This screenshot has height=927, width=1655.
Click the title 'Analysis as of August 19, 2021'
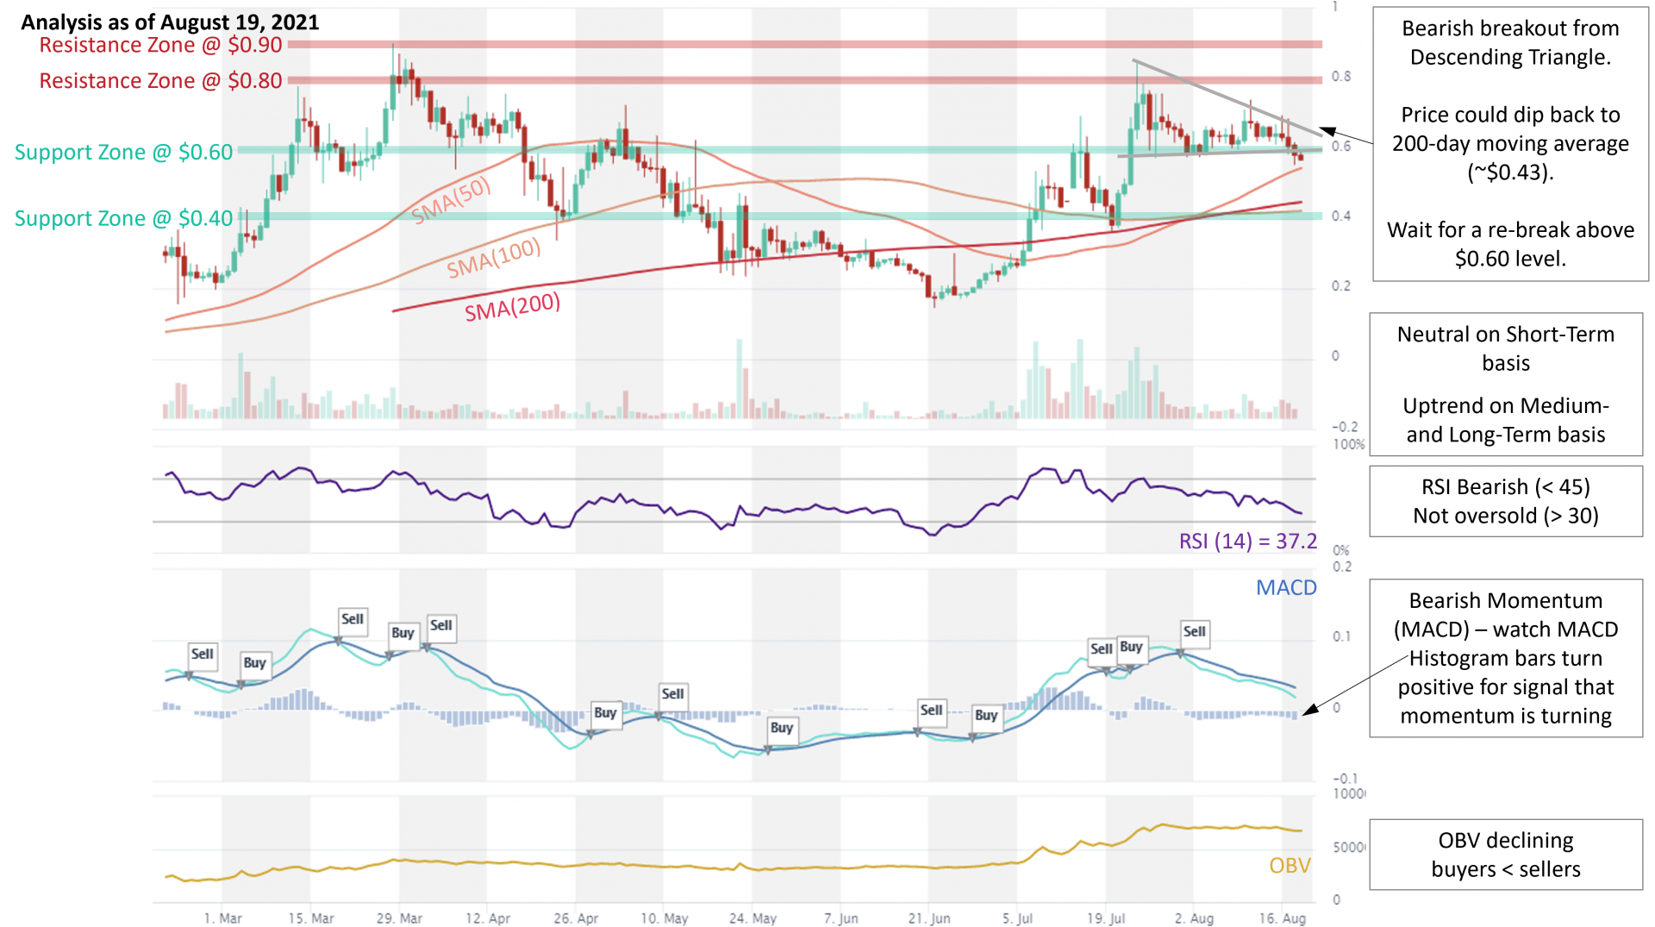pyautogui.click(x=170, y=22)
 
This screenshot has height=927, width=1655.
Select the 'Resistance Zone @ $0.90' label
pyautogui.click(x=160, y=45)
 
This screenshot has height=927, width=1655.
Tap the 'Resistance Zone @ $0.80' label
pyautogui.click(x=160, y=80)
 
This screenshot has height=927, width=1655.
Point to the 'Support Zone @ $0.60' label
pyautogui.click(x=123, y=152)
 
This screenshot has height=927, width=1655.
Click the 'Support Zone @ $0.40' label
pyautogui.click(x=123, y=218)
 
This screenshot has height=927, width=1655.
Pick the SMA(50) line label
pyautogui.click(x=451, y=200)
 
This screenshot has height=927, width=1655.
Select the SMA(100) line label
pyautogui.click(x=494, y=258)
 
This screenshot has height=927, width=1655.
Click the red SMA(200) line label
pyautogui.click(x=513, y=307)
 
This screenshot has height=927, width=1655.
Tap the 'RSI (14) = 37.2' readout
pyautogui.click(x=1248, y=542)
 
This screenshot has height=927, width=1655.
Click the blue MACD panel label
pyautogui.click(x=1286, y=587)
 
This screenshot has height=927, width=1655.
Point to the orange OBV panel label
pyautogui.click(x=1290, y=865)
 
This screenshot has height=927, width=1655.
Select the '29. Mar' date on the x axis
pyautogui.click(x=399, y=918)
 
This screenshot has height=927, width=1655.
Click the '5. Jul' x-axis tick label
pyautogui.click(x=1017, y=918)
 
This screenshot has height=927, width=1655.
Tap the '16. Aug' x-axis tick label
pyautogui.click(x=1282, y=918)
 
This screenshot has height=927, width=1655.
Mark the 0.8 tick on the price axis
pyautogui.click(x=1341, y=76)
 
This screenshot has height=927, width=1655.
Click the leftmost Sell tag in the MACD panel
pyautogui.click(x=203, y=655)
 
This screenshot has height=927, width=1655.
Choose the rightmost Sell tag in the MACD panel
pyautogui.click(x=1195, y=632)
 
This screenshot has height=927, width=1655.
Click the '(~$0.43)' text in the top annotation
pyautogui.click(x=1510, y=172)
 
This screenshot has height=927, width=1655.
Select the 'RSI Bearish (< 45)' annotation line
pyautogui.click(x=1506, y=487)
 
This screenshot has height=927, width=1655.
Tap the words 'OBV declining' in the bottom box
pyautogui.click(x=1506, y=840)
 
